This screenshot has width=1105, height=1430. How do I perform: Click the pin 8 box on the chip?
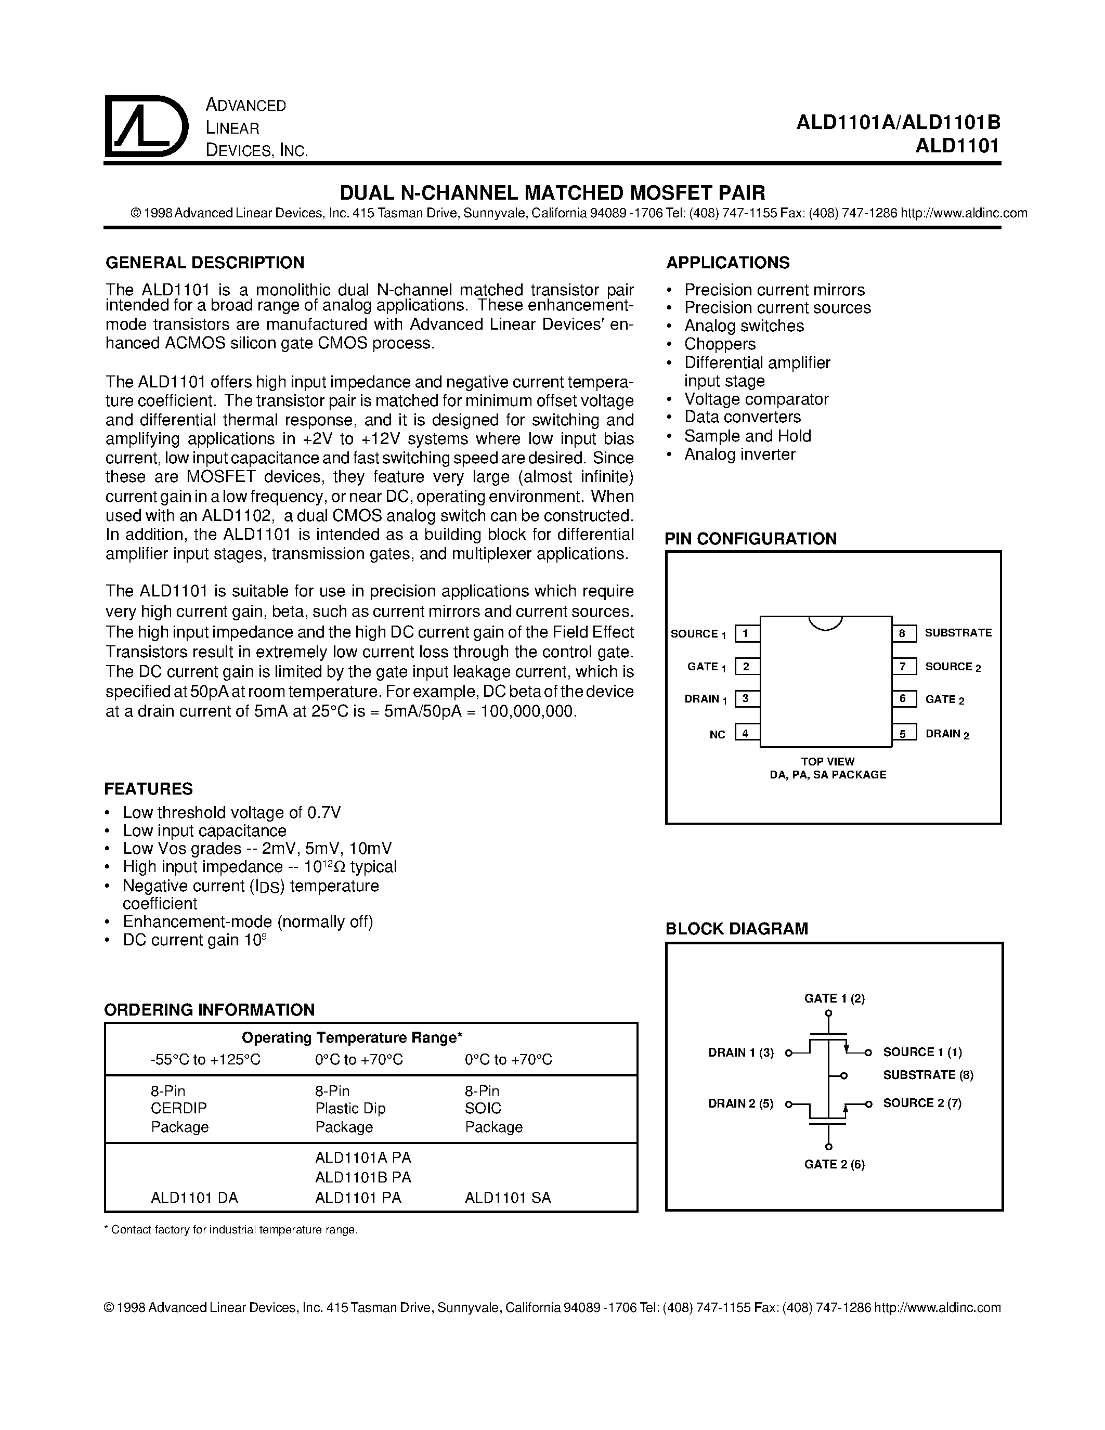(x=902, y=633)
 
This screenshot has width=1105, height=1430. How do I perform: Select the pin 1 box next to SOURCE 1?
(x=746, y=633)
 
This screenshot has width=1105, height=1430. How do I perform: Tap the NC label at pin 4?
(x=718, y=735)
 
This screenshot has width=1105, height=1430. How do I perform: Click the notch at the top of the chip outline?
(x=825, y=622)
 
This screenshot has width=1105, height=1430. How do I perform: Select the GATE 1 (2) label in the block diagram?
(x=834, y=998)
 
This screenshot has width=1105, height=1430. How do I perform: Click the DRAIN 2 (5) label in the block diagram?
(x=740, y=1103)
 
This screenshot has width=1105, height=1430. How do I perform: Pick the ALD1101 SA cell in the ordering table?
(x=508, y=1198)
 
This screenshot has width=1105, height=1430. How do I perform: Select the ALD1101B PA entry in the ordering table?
(x=362, y=1177)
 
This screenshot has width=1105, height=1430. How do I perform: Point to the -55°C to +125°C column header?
(x=205, y=1059)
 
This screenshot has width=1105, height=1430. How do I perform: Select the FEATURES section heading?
(x=149, y=788)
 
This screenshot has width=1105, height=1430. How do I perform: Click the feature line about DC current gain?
(x=194, y=940)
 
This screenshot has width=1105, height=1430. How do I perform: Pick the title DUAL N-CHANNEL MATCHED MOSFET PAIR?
(x=552, y=192)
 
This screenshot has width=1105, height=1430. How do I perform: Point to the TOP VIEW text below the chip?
(x=827, y=761)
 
